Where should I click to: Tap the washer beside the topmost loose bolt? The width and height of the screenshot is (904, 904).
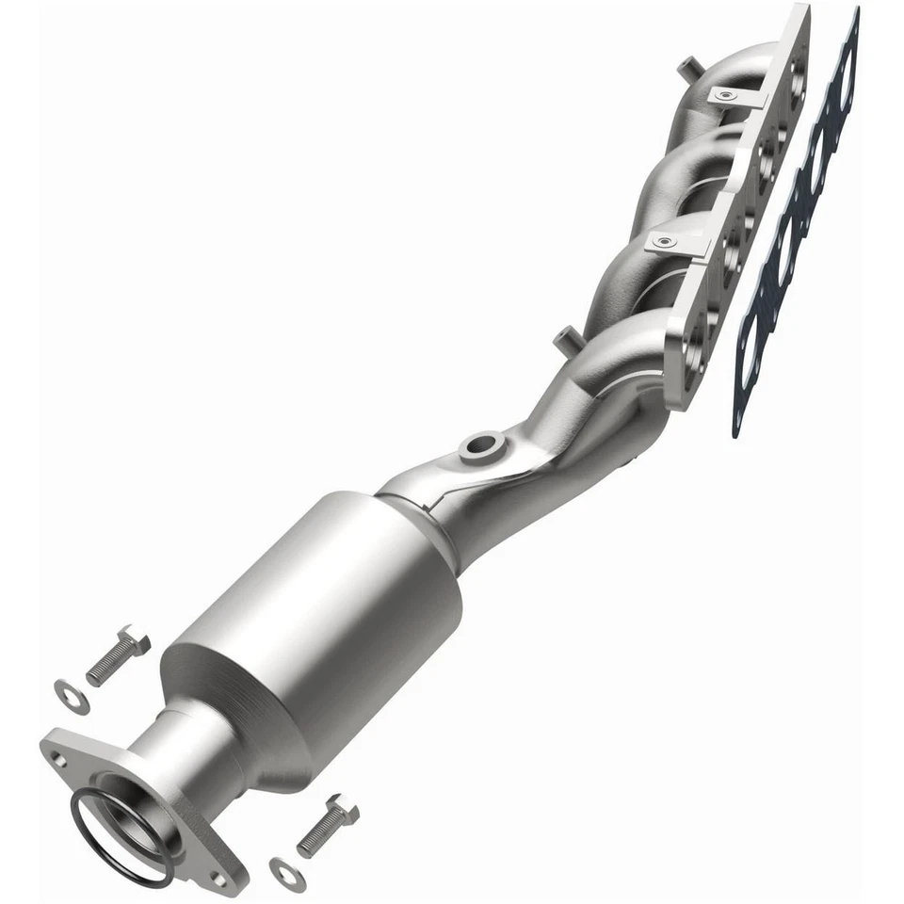[72, 696]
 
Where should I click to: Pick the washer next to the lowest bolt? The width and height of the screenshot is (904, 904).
[286, 873]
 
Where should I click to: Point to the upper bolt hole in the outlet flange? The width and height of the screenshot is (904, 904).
[59, 754]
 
